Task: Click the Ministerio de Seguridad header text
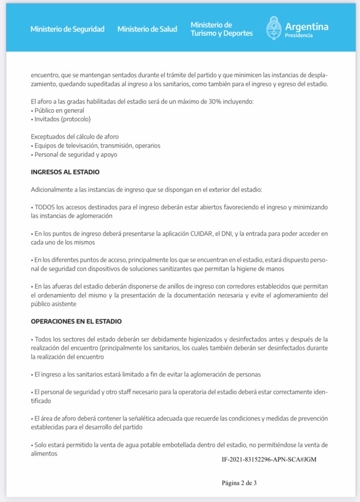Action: (x=67, y=29)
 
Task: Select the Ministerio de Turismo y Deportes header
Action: (x=222, y=29)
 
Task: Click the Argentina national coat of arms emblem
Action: (x=273, y=28)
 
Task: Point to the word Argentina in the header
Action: (x=307, y=26)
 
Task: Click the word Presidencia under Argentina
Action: (x=298, y=36)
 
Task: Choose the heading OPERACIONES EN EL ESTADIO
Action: (x=76, y=322)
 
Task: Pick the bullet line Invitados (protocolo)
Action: (x=62, y=119)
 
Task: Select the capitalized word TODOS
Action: (x=45, y=207)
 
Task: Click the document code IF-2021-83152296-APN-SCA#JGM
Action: (x=269, y=460)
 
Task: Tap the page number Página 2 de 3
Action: (x=239, y=483)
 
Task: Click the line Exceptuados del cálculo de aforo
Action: (x=74, y=137)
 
